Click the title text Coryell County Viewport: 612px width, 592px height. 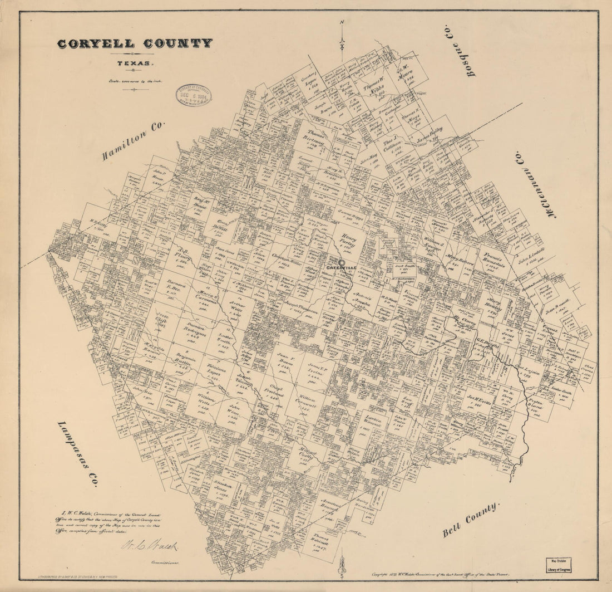[134, 43]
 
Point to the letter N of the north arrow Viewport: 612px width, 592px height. [343, 22]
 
